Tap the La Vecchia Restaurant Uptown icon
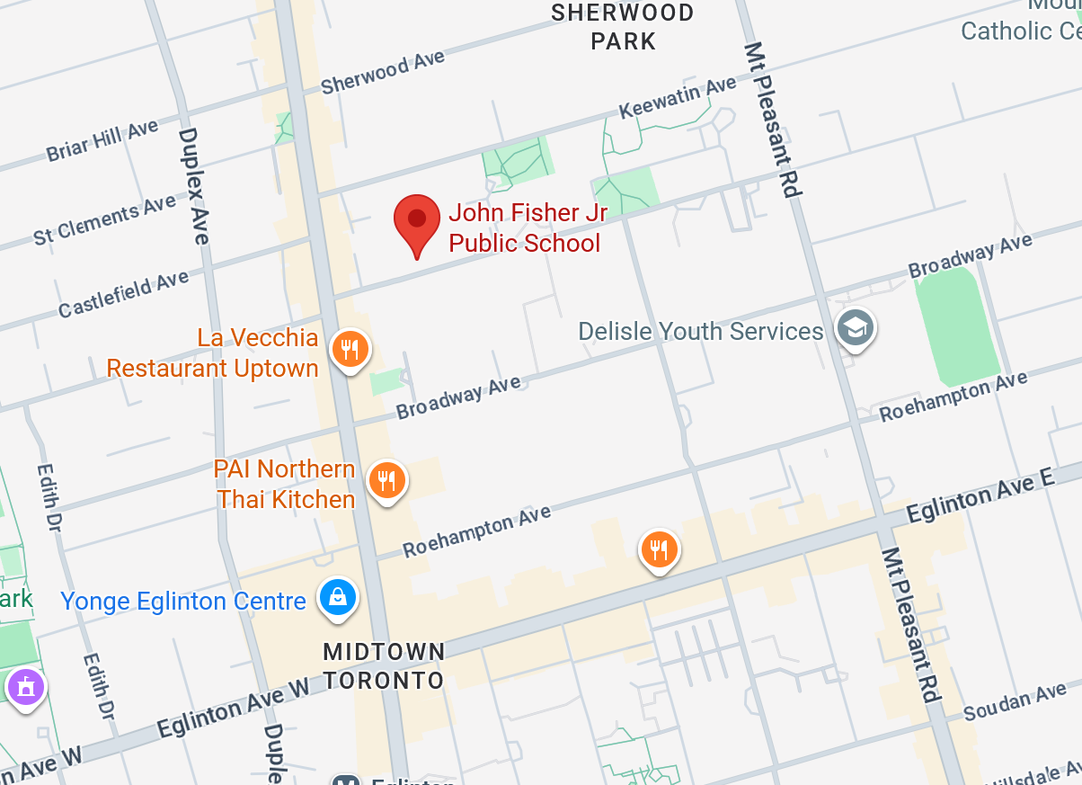[350, 350]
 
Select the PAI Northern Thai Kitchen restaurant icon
[386, 481]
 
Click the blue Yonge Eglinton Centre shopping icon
[337, 597]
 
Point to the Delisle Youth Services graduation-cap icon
[855, 328]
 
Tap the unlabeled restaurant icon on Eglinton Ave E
[659, 549]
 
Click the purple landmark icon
[25, 688]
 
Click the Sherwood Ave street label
[383, 73]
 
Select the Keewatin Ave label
[678, 98]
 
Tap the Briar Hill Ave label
[102, 141]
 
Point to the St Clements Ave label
[105, 221]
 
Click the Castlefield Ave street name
[124, 294]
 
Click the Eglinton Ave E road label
[980, 500]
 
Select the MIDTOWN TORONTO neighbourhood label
[384, 665]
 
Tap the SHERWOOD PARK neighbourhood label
[623, 27]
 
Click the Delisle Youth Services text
[700, 331]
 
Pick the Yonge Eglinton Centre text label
[183, 601]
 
